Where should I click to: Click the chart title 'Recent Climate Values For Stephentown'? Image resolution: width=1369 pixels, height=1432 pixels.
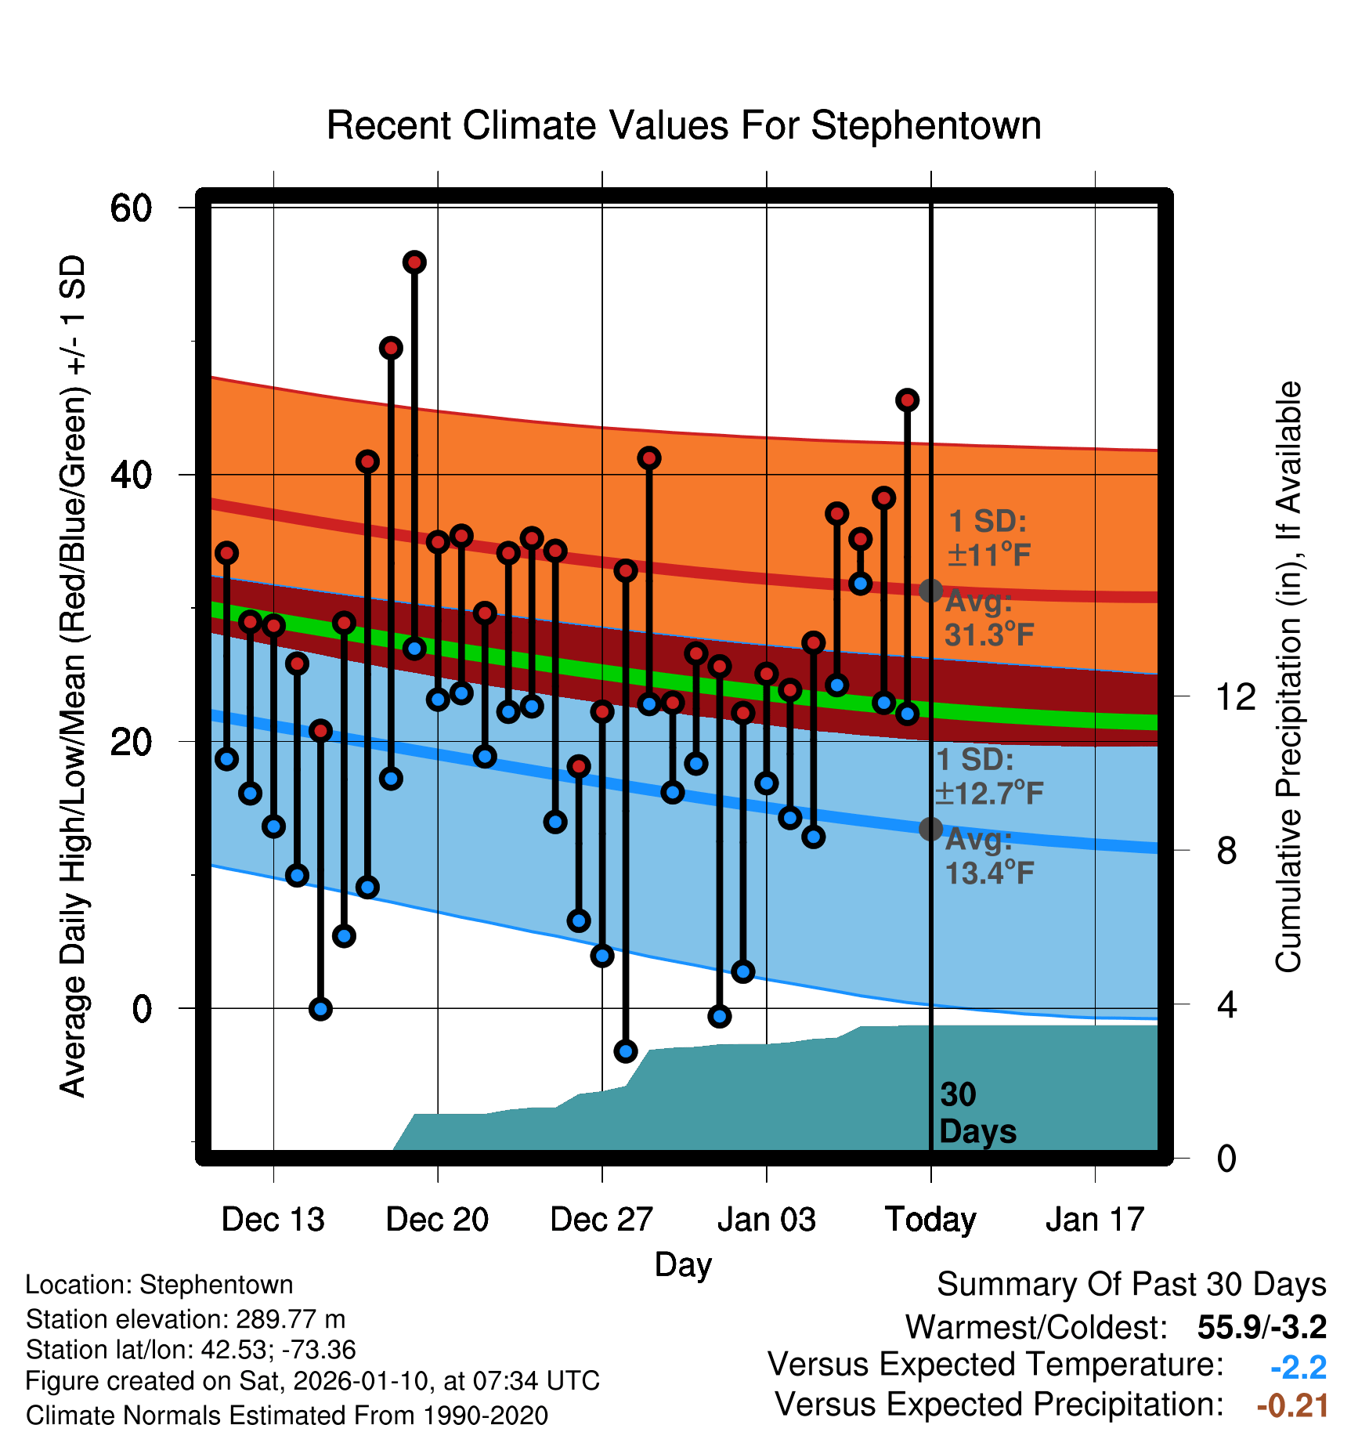click(x=684, y=125)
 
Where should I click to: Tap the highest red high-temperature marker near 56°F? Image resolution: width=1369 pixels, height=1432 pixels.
click(x=414, y=262)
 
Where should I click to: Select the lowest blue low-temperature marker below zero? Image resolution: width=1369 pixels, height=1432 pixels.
click(x=625, y=1050)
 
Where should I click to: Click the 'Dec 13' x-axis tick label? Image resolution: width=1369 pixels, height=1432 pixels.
click(x=273, y=1220)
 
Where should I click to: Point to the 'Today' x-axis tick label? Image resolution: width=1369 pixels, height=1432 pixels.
click(x=930, y=1220)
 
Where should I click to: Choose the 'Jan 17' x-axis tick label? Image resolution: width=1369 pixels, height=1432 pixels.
click(x=1095, y=1220)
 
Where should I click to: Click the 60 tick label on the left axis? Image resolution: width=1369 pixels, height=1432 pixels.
click(x=132, y=208)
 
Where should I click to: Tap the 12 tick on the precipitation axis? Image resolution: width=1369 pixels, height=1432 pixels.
click(x=1236, y=696)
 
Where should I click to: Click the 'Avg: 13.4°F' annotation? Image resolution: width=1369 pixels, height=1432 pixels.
click(x=989, y=856)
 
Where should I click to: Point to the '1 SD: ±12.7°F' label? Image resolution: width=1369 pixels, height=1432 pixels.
click(x=989, y=776)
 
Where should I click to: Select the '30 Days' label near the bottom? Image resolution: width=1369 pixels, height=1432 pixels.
click(x=977, y=1113)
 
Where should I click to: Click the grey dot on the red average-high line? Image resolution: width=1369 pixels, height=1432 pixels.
click(x=930, y=591)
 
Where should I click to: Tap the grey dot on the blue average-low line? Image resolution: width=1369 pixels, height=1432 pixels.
click(x=930, y=828)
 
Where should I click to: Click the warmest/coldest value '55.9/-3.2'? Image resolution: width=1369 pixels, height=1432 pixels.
click(x=1262, y=1327)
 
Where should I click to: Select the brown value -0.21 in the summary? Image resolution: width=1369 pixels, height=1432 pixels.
click(x=1292, y=1405)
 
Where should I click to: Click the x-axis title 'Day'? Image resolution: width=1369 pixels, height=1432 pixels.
click(x=683, y=1264)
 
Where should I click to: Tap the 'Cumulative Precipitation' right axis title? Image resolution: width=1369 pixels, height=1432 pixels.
click(x=1288, y=677)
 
